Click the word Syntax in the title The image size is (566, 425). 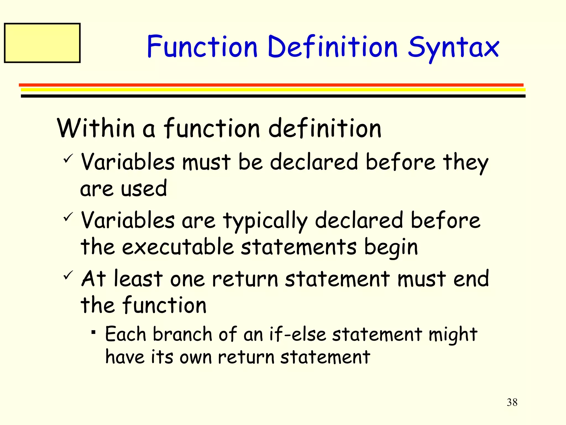453,48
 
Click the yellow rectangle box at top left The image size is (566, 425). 42,43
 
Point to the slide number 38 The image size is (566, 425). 512,402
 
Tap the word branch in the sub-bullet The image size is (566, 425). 182,334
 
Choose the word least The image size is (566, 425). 138,279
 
